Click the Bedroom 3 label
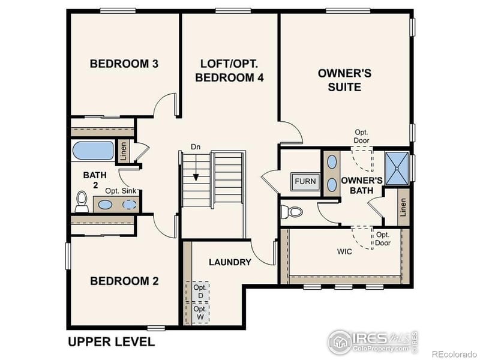124,64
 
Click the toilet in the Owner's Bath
293,212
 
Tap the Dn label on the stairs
196,146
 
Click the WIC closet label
344,251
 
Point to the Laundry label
230,262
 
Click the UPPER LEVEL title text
111,342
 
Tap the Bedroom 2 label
124,280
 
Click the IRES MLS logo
373,341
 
